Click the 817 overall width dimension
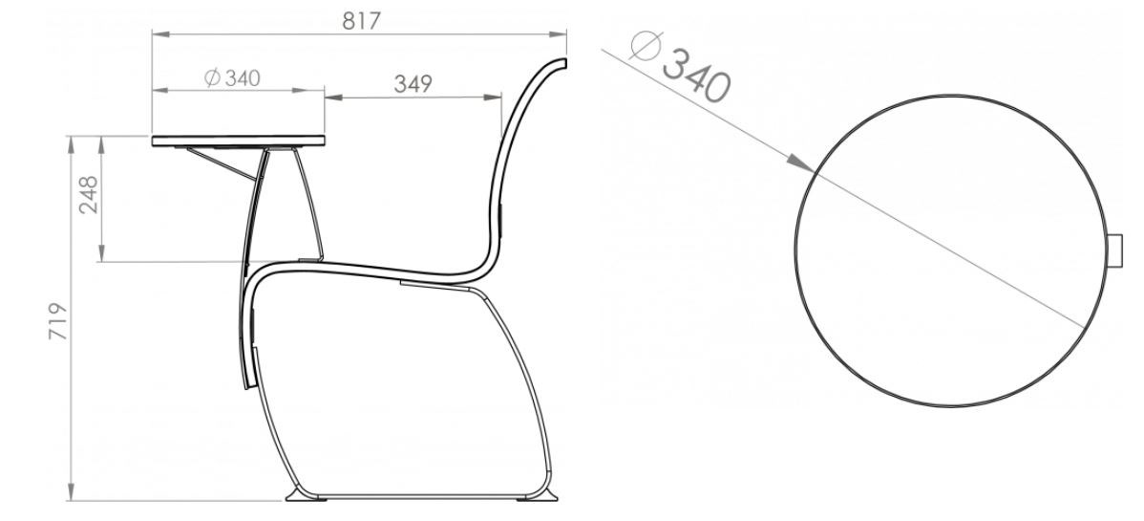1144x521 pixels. (361, 21)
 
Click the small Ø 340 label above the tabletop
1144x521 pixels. (232, 77)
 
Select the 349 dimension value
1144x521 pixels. (413, 84)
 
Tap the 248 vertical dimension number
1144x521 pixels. (88, 194)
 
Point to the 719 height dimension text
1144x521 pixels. (57, 320)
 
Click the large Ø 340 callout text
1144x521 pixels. (680, 67)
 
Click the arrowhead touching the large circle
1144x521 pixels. (801, 163)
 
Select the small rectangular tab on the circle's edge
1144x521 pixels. (1114, 250)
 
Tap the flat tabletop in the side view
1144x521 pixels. (239, 141)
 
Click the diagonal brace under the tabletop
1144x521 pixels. (222, 163)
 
